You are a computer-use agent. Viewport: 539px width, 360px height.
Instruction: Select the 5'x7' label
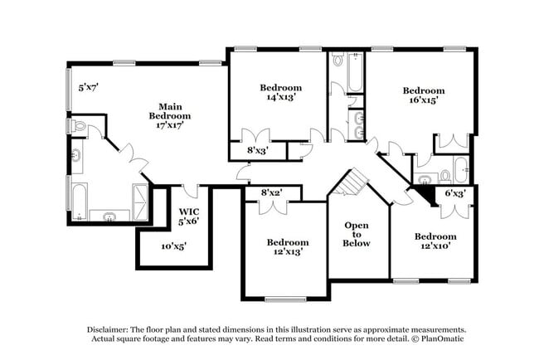pos(88,86)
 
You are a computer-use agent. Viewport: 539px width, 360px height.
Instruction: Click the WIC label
pos(189,212)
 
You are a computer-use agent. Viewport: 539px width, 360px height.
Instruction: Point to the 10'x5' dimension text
pos(172,246)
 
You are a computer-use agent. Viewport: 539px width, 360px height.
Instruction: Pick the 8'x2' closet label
pos(272,192)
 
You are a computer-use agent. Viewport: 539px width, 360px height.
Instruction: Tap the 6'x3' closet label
pos(455,192)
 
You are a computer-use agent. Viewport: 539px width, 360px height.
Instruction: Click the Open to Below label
pos(357,234)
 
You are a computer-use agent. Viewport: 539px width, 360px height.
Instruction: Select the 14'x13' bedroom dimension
pos(281,97)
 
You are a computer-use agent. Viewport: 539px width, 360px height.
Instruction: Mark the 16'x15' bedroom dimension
pos(424,100)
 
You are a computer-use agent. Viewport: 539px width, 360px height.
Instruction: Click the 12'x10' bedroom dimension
pos(435,246)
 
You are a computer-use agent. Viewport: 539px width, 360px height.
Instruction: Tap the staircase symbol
pos(357,182)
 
